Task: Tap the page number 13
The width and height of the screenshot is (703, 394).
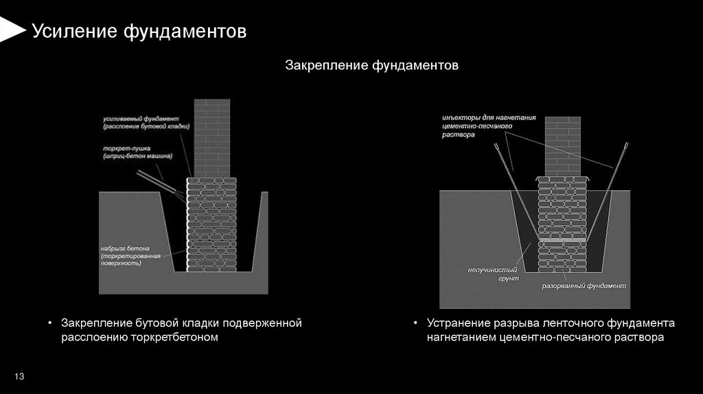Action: click(x=19, y=377)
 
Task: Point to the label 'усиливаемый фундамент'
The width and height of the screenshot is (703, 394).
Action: click(x=140, y=118)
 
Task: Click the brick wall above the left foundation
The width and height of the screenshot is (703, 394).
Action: click(x=212, y=137)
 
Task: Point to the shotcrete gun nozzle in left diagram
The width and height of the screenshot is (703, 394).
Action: click(x=158, y=184)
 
